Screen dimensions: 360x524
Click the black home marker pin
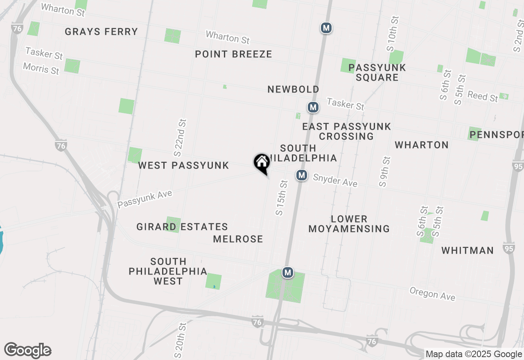[262, 163]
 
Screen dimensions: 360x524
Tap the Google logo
[28, 351]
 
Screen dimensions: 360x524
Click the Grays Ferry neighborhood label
[101, 32]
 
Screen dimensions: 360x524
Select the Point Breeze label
[233, 54]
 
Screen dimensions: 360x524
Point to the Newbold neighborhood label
[293, 89]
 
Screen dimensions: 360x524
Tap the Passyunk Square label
[377, 72]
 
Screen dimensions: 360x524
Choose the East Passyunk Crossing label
[346, 131]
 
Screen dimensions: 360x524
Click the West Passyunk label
[183, 165]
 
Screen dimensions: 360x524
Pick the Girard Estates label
[182, 227]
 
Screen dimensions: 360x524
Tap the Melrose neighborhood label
[238, 239]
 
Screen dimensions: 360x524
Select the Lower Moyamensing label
[349, 224]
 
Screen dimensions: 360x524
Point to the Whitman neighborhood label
[468, 250]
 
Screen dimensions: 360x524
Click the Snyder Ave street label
[335, 180]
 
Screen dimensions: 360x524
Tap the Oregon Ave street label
[432, 293]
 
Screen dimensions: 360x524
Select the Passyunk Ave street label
[145, 199]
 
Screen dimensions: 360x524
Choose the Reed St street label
[483, 97]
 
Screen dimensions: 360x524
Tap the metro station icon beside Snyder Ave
[302, 175]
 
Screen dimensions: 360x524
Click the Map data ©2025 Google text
[474, 354]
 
